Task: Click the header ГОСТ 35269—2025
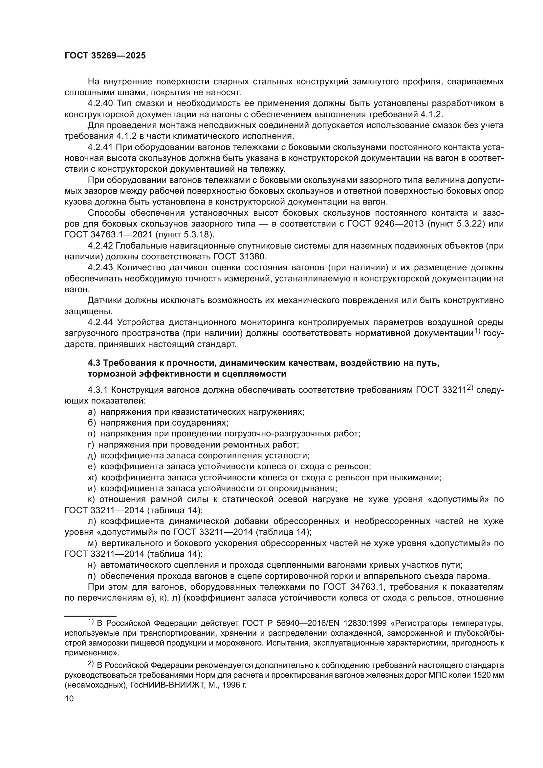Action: click(x=105, y=56)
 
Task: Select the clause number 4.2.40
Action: click(x=101, y=103)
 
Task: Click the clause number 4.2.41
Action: click(x=101, y=147)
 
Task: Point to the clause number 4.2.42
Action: click(x=101, y=246)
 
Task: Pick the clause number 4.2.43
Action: click(x=101, y=268)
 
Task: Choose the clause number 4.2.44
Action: click(x=101, y=322)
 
